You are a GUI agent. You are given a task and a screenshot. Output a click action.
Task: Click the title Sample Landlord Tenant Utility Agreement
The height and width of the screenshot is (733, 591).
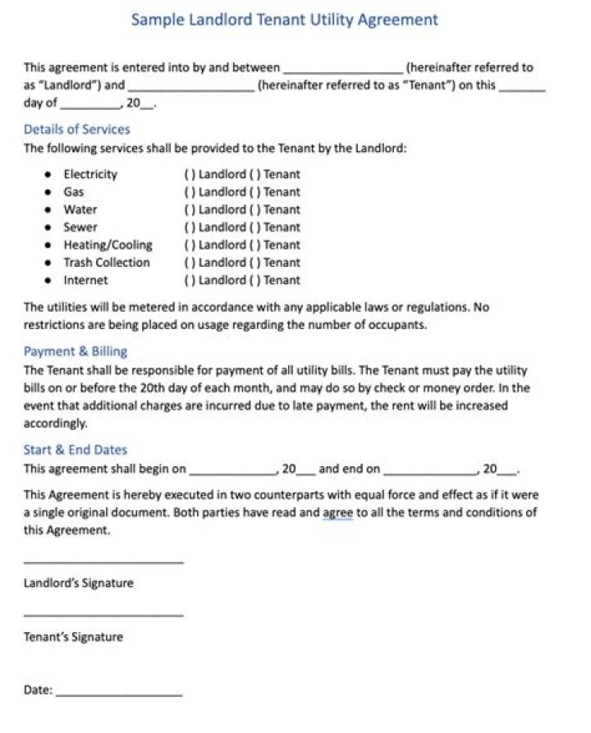click(x=285, y=20)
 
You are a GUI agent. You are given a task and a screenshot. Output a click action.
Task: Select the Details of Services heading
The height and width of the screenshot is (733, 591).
click(x=76, y=130)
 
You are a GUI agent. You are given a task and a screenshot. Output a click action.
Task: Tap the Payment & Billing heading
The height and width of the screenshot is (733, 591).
click(x=75, y=351)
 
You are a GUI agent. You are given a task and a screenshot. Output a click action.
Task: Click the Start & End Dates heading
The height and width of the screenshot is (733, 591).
click(x=75, y=450)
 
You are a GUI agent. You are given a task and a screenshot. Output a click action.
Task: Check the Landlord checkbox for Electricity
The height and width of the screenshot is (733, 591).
click(x=190, y=175)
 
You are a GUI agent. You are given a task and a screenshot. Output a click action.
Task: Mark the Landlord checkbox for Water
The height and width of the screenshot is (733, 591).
click(x=190, y=210)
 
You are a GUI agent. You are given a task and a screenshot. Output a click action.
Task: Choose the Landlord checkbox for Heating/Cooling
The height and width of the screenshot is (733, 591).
click(x=190, y=245)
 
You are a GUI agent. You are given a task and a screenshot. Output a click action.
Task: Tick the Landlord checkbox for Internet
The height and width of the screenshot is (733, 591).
click(x=190, y=281)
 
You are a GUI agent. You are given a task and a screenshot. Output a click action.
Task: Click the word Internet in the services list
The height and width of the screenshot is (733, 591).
click(x=85, y=281)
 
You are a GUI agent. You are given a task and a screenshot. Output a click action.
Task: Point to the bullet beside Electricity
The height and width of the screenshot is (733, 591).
click(x=47, y=175)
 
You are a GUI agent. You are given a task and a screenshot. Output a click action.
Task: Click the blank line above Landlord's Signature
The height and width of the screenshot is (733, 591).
click(x=103, y=562)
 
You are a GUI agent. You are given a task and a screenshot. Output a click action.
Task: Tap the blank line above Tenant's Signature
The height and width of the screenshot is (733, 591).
click(x=103, y=615)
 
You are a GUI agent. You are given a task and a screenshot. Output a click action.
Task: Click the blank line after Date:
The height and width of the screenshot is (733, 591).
click(x=119, y=695)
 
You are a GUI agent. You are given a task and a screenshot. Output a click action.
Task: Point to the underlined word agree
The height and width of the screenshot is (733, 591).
click(x=337, y=513)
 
